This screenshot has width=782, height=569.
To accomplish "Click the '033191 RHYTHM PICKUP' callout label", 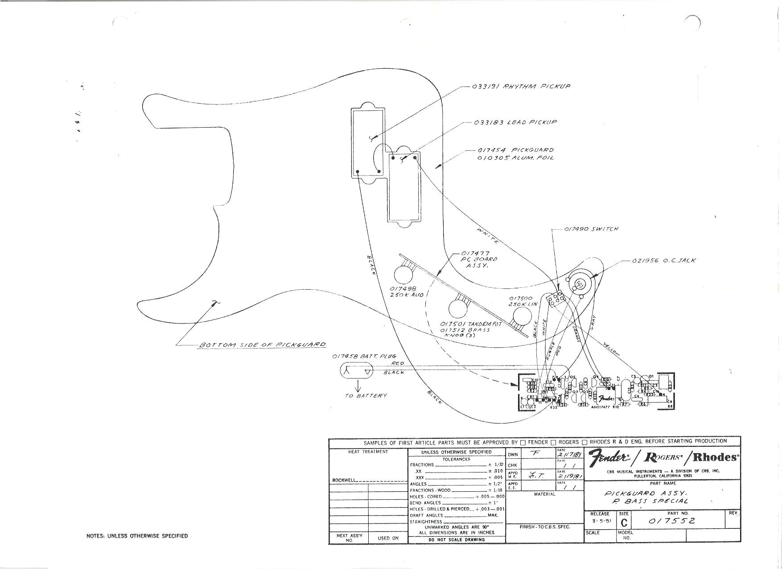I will [x=521, y=86].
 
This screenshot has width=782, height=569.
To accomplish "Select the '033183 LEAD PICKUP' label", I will [x=515, y=122].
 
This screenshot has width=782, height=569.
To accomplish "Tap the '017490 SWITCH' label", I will [x=591, y=229].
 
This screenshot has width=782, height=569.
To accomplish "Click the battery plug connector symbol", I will [x=357, y=371].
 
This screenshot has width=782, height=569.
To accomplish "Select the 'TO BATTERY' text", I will [x=366, y=396].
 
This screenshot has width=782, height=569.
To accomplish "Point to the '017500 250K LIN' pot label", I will [x=523, y=301].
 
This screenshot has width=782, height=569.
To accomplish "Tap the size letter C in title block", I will [x=624, y=523].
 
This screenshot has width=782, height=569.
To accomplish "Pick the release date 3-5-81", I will [x=601, y=521].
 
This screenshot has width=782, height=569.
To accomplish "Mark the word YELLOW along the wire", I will [x=611, y=349].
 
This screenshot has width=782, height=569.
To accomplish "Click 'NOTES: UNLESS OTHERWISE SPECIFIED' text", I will [x=137, y=536].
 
